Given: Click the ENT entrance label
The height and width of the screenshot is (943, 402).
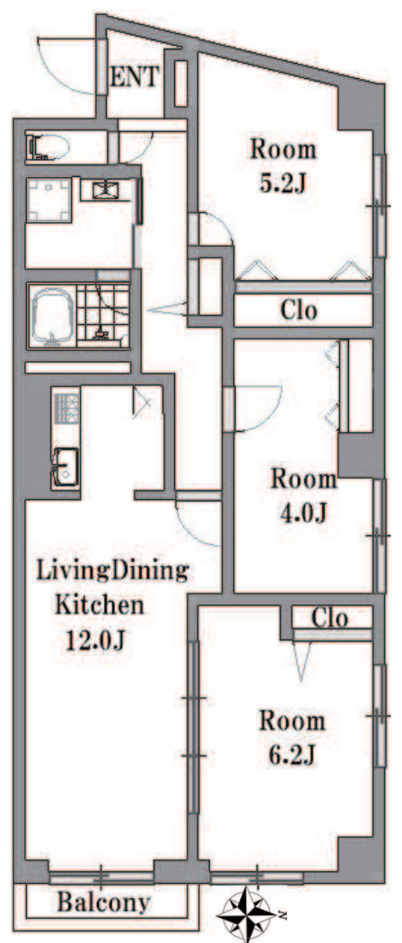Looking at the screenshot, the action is [x=135, y=77].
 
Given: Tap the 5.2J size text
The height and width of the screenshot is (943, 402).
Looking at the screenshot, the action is [x=283, y=183].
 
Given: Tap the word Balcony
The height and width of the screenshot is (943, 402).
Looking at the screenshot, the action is [x=103, y=903].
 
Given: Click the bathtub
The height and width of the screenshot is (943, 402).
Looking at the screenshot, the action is [x=52, y=316].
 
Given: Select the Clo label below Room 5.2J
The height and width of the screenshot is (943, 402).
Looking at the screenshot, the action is [x=299, y=311].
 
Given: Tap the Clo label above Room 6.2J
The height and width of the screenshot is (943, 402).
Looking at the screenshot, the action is [x=330, y=618].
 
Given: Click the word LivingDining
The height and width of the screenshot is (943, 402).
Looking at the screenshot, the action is [x=112, y=570].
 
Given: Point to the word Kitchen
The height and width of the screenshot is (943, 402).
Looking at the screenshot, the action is [x=100, y=605].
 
